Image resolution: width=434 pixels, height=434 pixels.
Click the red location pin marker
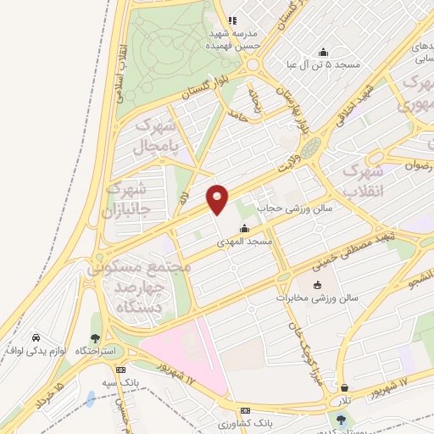218,198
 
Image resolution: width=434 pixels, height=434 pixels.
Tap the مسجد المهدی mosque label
246,242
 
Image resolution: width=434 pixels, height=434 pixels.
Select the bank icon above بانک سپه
120,370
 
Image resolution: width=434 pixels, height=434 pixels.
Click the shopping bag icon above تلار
342,387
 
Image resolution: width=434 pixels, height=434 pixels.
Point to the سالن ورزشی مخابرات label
319,298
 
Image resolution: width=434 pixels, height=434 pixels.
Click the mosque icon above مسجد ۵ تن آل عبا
322,51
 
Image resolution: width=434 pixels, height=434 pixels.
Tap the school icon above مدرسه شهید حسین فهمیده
231,21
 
